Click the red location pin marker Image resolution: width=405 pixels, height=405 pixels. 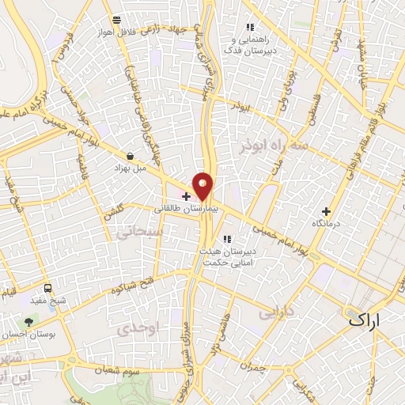[203, 185]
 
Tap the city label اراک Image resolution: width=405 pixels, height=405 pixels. [363, 320]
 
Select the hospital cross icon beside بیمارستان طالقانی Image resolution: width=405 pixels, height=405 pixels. [186, 195]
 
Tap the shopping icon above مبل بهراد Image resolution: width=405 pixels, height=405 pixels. [131, 156]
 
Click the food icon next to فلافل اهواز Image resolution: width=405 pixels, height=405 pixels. [117, 19]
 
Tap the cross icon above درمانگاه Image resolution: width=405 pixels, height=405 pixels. [327, 211]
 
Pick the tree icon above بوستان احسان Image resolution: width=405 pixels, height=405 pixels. [29, 321]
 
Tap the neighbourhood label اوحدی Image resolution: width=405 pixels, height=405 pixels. [143, 326]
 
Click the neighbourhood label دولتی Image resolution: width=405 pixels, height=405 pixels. [278, 311]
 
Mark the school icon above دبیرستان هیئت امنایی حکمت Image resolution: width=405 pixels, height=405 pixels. [227, 239]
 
